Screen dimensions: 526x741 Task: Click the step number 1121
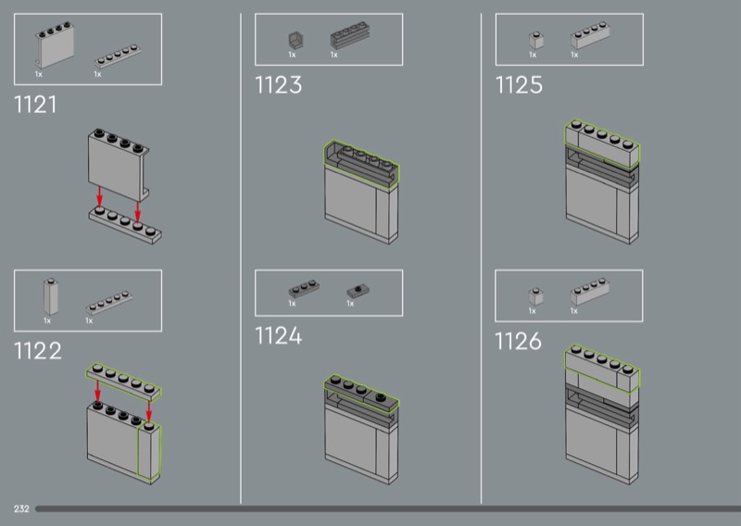(x=35, y=105)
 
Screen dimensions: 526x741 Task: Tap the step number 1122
(x=38, y=351)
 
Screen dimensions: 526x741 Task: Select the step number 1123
(x=278, y=86)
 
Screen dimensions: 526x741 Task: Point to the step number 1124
(x=279, y=335)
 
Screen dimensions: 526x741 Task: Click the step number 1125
(x=519, y=86)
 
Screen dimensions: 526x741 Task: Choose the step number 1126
(x=518, y=341)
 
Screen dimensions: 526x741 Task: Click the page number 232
(x=21, y=509)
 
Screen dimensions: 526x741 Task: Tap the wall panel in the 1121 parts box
(x=55, y=44)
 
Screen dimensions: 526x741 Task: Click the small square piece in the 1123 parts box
(x=295, y=40)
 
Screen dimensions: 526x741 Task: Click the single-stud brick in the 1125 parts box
(x=535, y=40)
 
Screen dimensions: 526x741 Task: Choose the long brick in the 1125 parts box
(x=587, y=38)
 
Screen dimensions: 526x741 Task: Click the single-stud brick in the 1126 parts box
(x=535, y=295)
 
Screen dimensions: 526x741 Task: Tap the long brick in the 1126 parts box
(x=587, y=294)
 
